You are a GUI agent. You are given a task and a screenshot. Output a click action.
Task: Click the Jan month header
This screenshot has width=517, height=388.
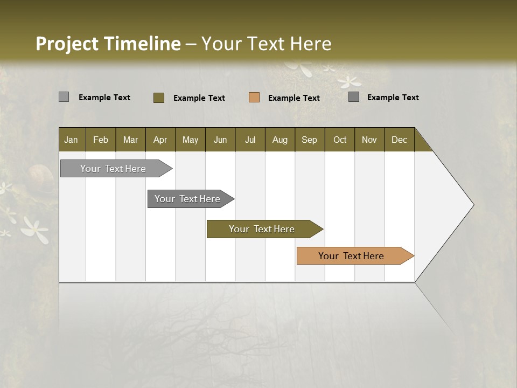[71, 140]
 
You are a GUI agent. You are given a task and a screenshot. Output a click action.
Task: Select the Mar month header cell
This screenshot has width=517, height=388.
[130, 140]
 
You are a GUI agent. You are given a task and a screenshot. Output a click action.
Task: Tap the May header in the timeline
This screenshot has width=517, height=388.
[190, 140]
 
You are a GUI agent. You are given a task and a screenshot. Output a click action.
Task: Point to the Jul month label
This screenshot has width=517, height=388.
[250, 140]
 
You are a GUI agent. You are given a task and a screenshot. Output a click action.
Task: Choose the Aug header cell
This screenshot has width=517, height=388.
[280, 140]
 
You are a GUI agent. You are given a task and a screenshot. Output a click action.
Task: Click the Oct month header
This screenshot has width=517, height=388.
[340, 140]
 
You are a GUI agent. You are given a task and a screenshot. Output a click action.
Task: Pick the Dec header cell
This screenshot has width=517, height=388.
[399, 140]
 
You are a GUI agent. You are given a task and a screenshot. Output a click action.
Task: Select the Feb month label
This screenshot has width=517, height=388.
[101, 140]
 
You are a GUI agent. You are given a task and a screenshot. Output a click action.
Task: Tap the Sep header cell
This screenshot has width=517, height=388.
[309, 140]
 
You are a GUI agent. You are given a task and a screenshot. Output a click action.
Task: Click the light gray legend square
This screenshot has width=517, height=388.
[64, 97]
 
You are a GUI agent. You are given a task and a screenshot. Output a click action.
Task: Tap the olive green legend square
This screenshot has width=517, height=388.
[159, 98]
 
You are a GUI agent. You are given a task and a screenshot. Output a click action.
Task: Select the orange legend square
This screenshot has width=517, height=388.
[254, 98]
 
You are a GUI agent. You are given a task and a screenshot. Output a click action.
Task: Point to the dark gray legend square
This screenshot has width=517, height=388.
[354, 97]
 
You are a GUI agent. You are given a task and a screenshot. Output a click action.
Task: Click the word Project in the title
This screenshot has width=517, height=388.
[68, 44]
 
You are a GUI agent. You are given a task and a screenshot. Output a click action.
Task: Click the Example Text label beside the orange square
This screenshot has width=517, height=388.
[294, 98]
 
